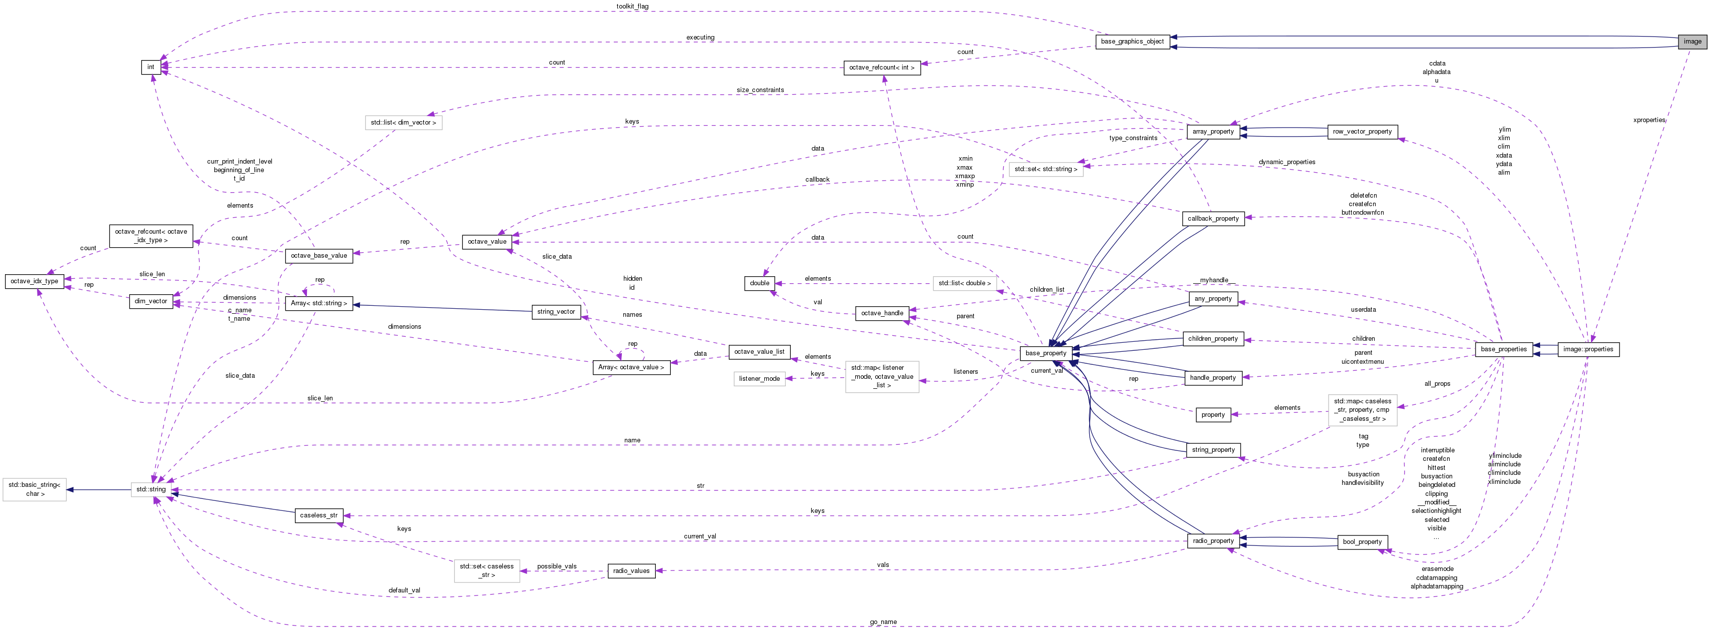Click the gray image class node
(1692, 41)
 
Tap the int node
(150, 67)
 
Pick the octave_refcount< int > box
(882, 68)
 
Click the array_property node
(1213, 132)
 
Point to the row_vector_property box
(1362, 132)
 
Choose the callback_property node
(1213, 219)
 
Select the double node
(759, 283)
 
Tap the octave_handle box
(882, 313)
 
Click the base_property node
(1046, 353)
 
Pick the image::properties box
(1588, 349)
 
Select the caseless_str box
(318, 515)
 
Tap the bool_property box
(1362, 542)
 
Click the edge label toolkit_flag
(632, 7)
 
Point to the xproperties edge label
(1649, 120)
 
